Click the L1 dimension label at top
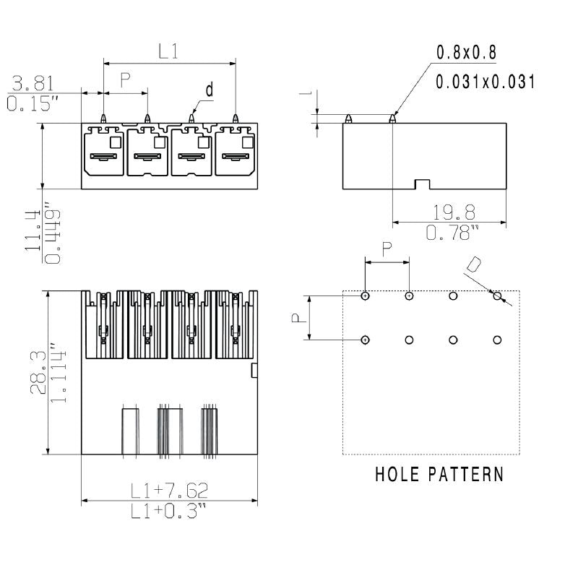click(168, 51)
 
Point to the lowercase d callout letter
click(210, 90)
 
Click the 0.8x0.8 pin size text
click(466, 53)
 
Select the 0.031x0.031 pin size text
click(485, 82)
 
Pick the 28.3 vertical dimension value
click(36, 373)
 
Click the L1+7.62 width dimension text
click(169, 491)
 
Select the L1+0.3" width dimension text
click(169, 512)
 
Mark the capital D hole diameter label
click(473, 264)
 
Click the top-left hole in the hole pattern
click(366, 296)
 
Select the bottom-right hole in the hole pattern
click(497, 340)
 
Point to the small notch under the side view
click(422, 185)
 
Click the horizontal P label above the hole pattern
click(387, 248)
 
